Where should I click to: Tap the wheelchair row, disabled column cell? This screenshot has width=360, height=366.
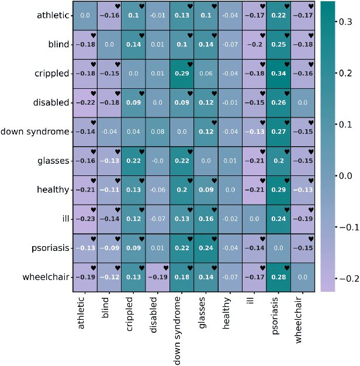[157, 277]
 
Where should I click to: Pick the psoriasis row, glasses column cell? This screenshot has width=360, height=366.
[206, 248]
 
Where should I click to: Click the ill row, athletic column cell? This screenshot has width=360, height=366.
[85, 219]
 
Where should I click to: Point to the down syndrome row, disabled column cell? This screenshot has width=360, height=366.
[157, 132]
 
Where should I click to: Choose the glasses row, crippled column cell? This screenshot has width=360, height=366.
[133, 161]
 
